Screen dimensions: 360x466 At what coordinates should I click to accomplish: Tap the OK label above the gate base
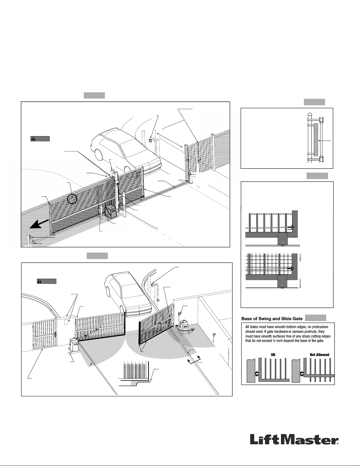click(273, 355)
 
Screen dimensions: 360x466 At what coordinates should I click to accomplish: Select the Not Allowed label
click(319, 355)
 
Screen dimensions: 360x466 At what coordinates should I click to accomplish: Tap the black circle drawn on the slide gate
click(72, 199)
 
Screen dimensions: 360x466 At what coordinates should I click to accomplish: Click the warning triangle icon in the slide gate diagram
click(33, 139)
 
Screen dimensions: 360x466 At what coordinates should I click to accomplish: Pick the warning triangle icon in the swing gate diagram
click(39, 281)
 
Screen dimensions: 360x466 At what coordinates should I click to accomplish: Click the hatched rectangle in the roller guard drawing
click(316, 140)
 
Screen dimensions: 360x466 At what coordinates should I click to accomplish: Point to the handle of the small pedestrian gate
click(56, 335)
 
